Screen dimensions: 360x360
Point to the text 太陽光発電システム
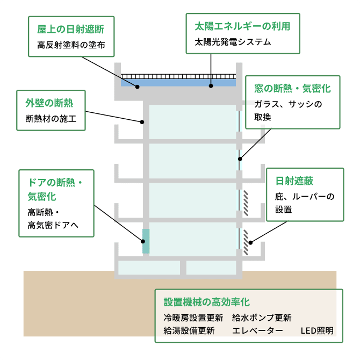(x=233, y=41)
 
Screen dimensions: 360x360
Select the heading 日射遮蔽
(x=294, y=181)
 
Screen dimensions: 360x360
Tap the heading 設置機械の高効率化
(x=207, y=302)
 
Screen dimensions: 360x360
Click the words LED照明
(x=317, y=330)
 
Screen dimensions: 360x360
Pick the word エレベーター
(x=257, y=330)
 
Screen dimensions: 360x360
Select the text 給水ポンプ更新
(x=262, y=317)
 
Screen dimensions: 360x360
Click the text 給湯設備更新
(x=189, y=330)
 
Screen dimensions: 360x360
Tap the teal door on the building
(x=146, y=241)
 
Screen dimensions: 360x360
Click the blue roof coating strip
(x=177, y=83)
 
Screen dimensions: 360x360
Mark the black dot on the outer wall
(x=142, y=122)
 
